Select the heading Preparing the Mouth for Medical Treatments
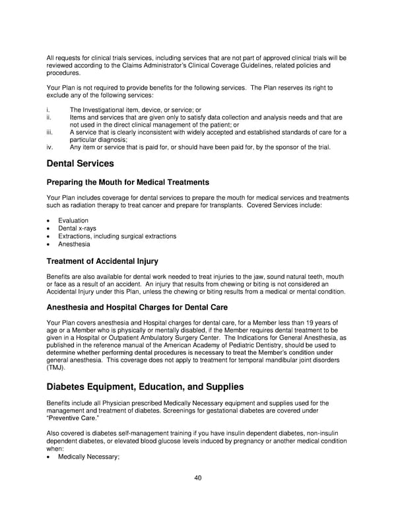[128, 182]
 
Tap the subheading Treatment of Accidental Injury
[102, 261]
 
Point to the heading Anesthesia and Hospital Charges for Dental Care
[137, 307]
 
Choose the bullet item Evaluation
[73, 220]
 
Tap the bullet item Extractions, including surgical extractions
[117, 236]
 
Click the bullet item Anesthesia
[74, 244]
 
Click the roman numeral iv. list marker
[50, 147]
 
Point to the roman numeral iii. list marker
[50, 132]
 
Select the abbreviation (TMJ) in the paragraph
[56, 368]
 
